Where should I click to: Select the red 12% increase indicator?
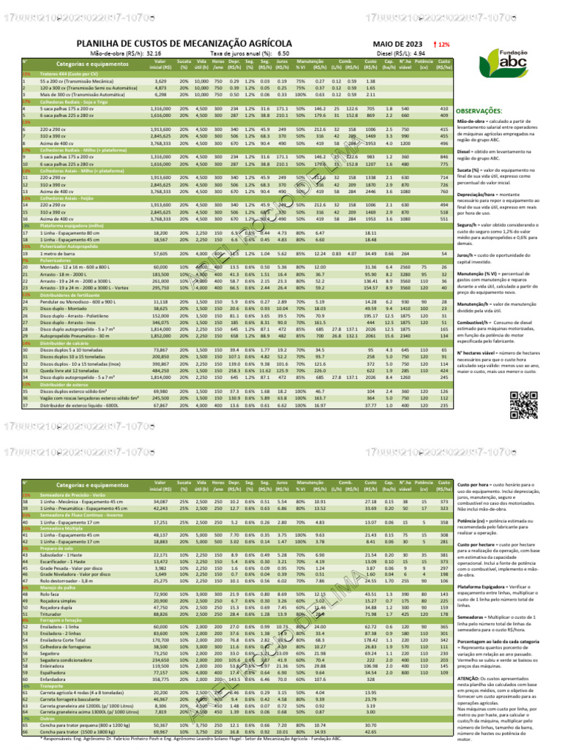coord(442,45)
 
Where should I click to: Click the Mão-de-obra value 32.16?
coord(154,54)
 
